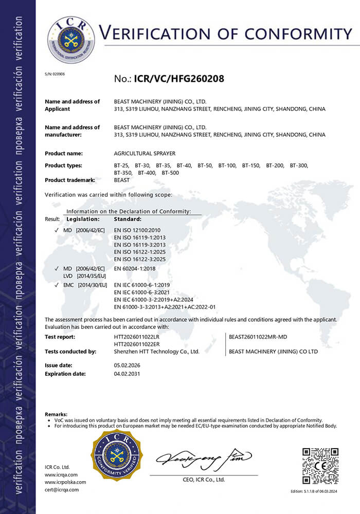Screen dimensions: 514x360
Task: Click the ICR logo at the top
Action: pos(71,40)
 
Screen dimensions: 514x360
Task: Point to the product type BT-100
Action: pos(227,165)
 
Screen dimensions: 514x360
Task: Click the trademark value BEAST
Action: pos(122,180)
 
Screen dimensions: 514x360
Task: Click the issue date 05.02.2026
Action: pos(127,365)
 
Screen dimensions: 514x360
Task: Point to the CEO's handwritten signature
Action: pos(204,457)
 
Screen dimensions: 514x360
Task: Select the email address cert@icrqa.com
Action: pos(62,490)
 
